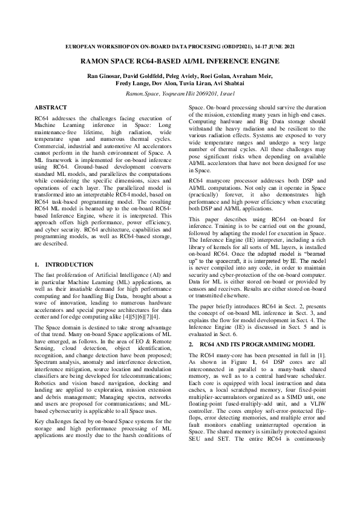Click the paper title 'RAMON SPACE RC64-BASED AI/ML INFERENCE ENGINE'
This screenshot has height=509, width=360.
180,61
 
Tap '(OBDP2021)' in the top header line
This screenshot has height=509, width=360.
235,47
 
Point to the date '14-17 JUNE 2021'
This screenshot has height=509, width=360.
275,47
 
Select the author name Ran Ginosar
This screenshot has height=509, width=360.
102,76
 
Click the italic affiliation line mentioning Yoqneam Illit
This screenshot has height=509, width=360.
180,94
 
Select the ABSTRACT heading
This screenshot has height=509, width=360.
51,106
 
